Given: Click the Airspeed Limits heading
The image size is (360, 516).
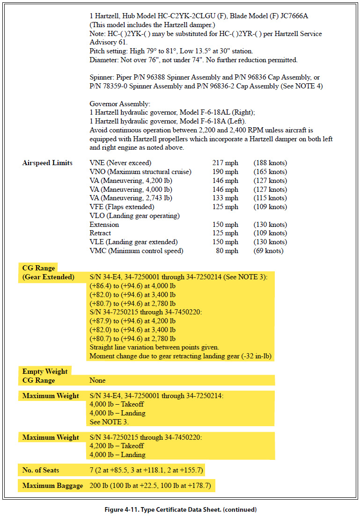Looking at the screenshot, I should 47,163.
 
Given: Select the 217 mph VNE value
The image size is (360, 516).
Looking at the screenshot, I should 225,163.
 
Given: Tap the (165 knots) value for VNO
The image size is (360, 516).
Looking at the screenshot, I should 270,172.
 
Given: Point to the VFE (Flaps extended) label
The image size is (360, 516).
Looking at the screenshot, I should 122,207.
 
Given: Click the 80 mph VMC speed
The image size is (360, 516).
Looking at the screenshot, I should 227,251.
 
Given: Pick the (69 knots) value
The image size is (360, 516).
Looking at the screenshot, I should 268,251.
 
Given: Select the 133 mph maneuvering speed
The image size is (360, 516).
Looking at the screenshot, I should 225,198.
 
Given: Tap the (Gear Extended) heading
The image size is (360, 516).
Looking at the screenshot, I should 48,277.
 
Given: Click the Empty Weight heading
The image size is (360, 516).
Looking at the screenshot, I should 45,371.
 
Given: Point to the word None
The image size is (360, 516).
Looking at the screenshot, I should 97,380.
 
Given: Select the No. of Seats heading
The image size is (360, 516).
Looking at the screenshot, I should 41,470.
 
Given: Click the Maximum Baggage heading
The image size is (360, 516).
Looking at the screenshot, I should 52,486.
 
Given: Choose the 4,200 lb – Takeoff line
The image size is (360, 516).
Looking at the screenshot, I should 117,446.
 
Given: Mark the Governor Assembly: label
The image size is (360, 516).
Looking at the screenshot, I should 120,103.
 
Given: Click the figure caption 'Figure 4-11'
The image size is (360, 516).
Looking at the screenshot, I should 180,509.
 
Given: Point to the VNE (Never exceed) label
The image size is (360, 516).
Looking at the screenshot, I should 120,163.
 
